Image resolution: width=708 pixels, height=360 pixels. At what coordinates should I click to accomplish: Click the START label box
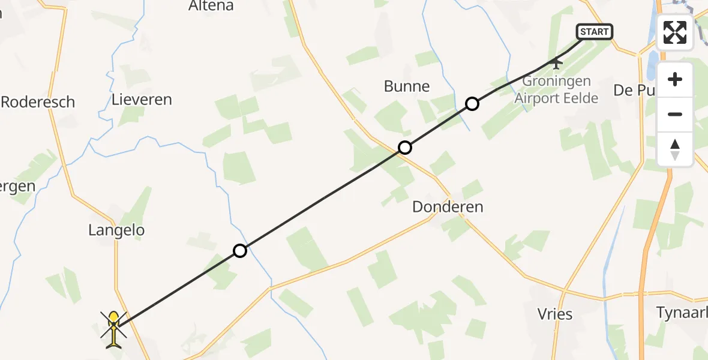click(595, 32)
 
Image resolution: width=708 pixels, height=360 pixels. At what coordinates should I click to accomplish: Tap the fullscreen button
click(675, 32)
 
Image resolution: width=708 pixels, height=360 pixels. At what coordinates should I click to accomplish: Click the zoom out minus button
click(675, 114)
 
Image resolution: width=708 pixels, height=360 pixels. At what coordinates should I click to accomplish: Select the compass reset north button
click(675, 149)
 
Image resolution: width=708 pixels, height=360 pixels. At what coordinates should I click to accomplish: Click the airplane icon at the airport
click(556, 62)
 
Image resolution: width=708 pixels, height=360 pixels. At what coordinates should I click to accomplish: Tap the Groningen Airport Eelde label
click(557, 89)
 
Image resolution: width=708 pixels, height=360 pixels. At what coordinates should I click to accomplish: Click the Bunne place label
click(407, 86)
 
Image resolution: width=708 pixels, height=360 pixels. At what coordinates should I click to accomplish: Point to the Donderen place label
click(448, 208)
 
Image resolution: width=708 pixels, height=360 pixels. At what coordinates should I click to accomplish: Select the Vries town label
click(556, 314)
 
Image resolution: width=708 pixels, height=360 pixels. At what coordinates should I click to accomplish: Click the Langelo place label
click(116, 230)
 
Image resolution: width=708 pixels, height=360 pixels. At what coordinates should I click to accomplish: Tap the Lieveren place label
click(142, 100)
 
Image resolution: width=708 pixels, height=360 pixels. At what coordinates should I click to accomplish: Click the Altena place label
click(211, 7)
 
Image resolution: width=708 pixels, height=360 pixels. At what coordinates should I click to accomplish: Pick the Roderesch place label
click(38, 102)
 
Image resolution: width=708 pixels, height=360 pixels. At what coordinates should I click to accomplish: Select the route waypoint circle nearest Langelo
click(240, 251)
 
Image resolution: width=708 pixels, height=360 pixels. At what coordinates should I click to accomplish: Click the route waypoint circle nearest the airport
click(472, 104)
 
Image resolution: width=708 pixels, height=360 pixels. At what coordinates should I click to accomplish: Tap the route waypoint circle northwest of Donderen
click(405, 147)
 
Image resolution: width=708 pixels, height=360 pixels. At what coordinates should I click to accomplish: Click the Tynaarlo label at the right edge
click(682, 312)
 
